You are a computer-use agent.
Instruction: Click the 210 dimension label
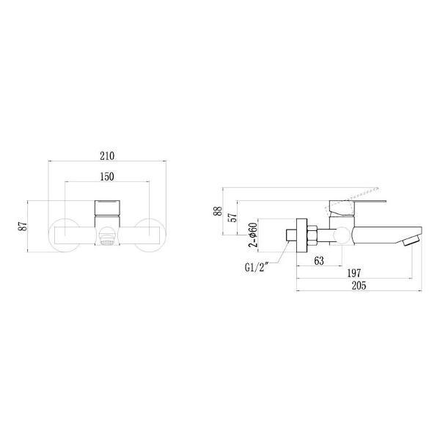tap(107, 155)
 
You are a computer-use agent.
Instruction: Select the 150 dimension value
tap(107, 177)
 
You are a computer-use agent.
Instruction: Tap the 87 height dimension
tap(23, 226)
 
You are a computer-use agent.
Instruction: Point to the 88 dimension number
tap(218, 211)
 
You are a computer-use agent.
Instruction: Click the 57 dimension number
tap(233, 217)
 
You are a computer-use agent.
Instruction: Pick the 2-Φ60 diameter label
tap(253, 235)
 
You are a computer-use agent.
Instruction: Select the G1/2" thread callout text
tap(257, 268)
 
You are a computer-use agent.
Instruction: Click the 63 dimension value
tap(319, 260)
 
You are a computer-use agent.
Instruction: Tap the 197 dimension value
tap(354, 273)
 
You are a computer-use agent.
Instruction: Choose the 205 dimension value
tap(359, 286)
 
